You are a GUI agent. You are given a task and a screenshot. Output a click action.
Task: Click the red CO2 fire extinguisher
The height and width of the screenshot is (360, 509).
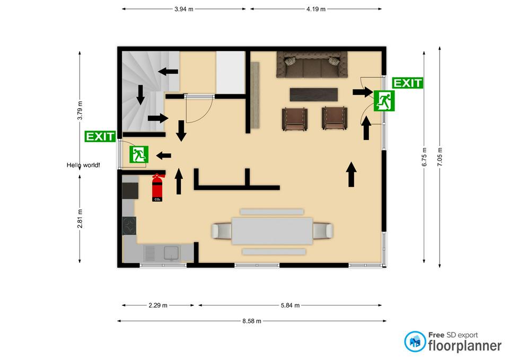pos(157,188)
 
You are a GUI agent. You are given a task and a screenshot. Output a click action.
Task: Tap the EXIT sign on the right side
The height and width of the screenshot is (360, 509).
pos(407,83)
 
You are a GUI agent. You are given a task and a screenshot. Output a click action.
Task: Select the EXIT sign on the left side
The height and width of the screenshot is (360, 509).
pos(100,136)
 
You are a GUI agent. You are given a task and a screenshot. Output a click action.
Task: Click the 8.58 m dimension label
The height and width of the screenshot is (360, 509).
pos(251,321)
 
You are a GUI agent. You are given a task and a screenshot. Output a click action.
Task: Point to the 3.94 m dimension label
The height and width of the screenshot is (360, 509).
pos(184,9)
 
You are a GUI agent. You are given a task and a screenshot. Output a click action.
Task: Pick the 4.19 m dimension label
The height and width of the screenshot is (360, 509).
pos(316,9)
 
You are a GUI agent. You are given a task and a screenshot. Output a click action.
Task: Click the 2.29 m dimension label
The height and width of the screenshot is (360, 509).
pos(158,305)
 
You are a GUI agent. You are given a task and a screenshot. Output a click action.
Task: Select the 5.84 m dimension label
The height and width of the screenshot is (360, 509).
pos(290,305)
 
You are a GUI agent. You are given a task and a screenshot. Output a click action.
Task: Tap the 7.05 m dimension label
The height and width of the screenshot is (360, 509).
pos(440,157)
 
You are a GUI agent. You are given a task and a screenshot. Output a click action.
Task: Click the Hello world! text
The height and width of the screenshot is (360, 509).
pos(83,165)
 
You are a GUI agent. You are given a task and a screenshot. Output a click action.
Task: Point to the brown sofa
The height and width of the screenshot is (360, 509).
pos(312,64)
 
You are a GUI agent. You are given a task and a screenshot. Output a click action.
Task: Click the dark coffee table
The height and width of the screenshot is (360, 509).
pos(313,94)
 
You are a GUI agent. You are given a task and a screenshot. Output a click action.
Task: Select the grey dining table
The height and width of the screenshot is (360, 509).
pos(272,231)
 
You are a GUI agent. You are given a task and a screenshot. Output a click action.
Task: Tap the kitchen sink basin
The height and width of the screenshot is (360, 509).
pos(171,253)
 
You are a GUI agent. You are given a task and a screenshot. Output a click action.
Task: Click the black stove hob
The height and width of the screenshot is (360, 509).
pos(129,226)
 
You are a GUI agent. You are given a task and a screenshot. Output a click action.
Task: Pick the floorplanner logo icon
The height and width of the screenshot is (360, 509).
pos(415,341)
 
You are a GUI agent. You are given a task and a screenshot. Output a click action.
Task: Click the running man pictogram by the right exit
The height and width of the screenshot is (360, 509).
pos(384,101)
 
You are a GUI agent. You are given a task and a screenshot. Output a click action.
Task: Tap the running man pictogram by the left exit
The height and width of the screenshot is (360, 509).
pos(139,154)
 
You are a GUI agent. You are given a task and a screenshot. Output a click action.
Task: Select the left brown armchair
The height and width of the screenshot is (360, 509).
pos(295,119)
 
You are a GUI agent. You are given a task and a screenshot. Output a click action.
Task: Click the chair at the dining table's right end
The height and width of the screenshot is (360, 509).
pos(323,231)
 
